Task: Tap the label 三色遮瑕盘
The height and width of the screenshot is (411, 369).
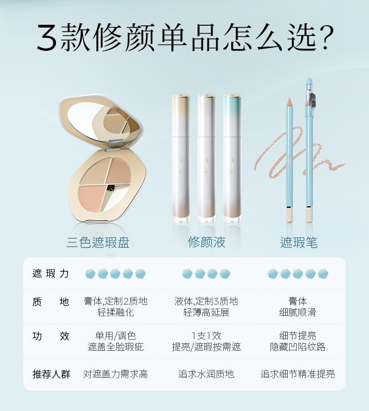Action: [x=98, y=242]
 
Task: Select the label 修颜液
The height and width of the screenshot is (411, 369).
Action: [x=206, y=242]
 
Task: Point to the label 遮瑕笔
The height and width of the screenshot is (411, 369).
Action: [x=299, y=242]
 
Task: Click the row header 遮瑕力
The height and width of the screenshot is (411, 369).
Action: [x=50, y=273]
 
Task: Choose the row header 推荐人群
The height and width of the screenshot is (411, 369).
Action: [x=51, y=374]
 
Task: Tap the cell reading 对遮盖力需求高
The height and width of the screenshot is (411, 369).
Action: [x=115, y=374]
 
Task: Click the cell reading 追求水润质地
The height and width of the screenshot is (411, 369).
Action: [x=206, y=374]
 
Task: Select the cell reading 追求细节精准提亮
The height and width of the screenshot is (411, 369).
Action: [x=298, y=374]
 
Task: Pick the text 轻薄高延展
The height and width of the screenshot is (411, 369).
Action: [x=206, y=312]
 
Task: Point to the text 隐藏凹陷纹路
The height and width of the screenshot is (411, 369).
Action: [x=298, y=347]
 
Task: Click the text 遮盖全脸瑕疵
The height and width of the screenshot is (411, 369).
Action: [x=115, y=347]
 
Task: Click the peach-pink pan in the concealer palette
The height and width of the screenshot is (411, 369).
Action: [x=91, y=197]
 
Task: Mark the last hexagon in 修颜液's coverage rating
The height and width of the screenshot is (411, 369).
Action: [x=225, y=273]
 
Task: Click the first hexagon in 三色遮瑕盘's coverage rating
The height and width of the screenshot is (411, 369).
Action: [x=90, y=273]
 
